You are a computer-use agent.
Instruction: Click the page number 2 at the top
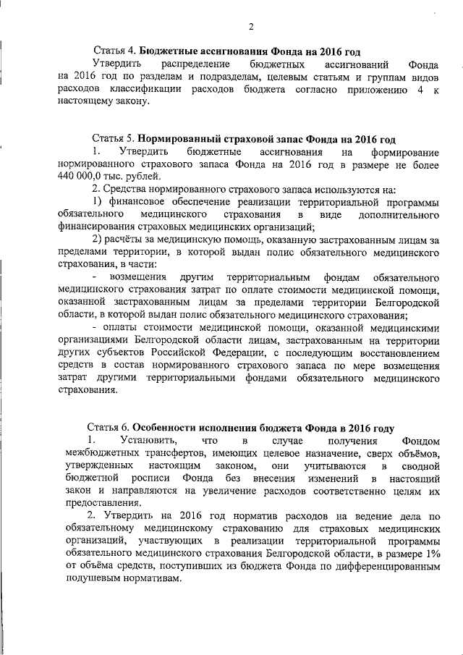tap(250, 28)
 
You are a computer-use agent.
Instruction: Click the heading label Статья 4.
tap(114, 53)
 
